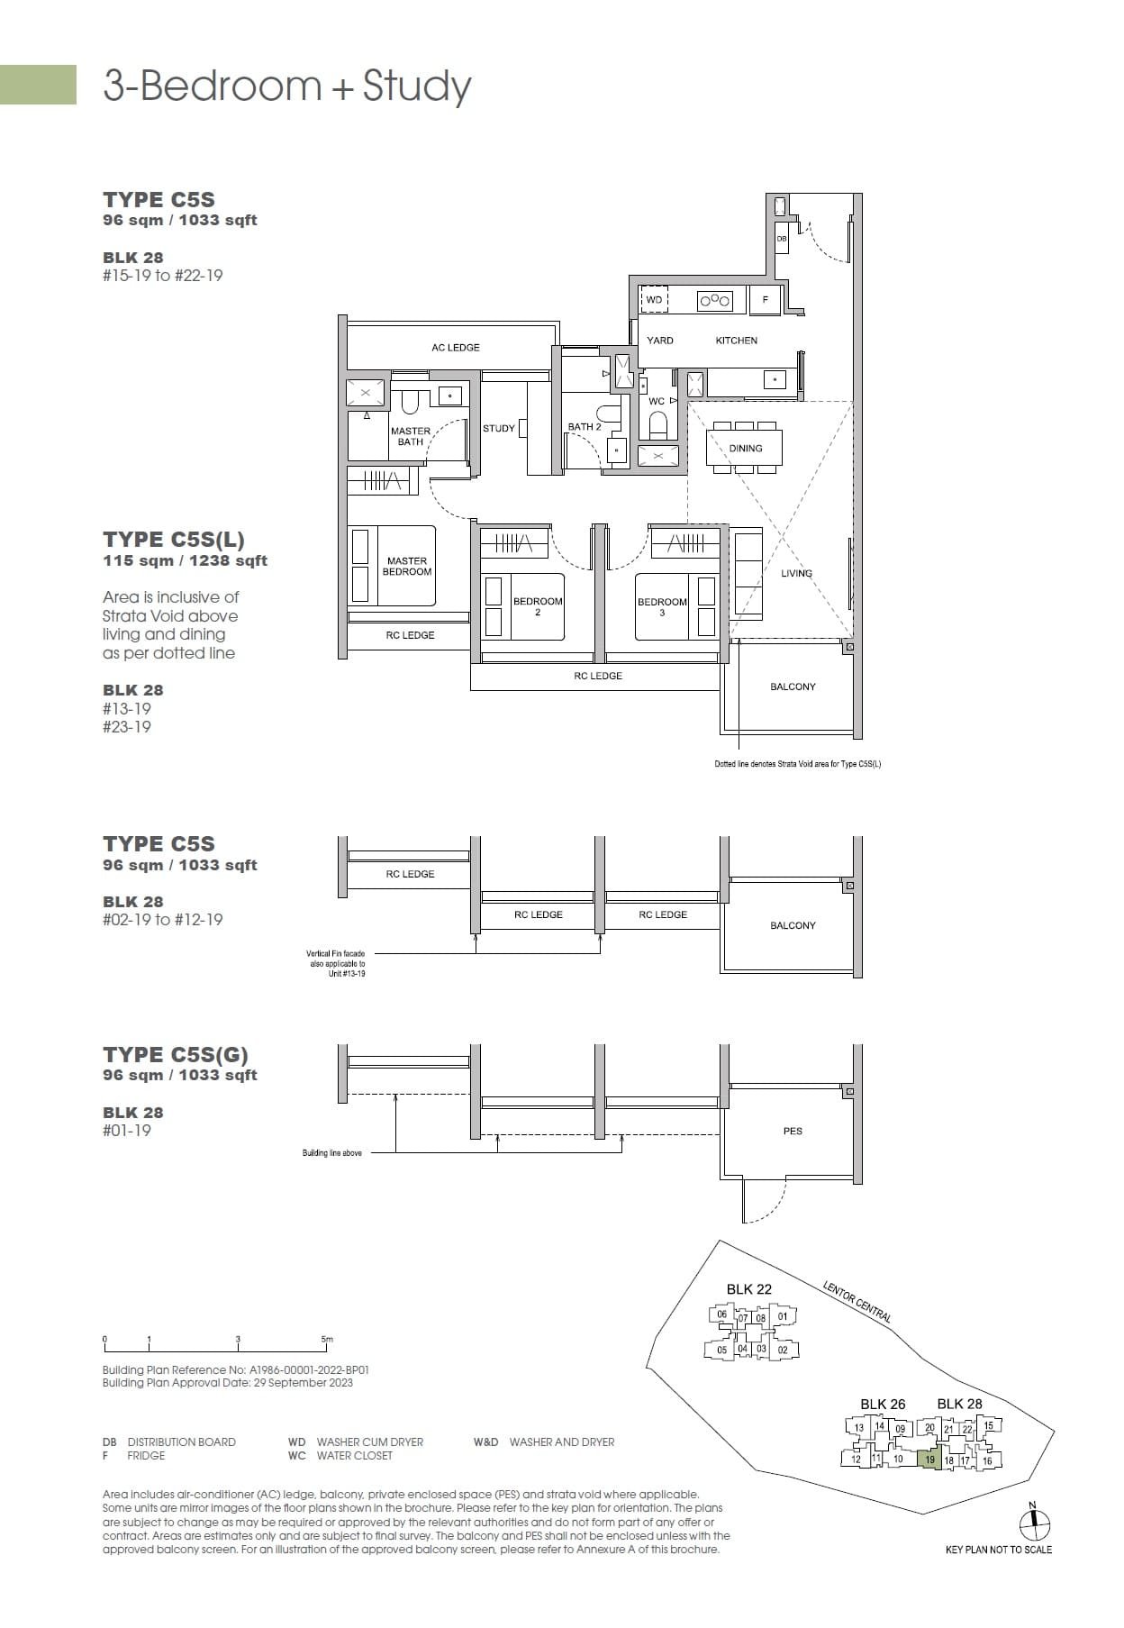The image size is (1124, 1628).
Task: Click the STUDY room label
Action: tap(498, 428)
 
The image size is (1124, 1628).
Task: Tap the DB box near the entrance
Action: tap(781, 239)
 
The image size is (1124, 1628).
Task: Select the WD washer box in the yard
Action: tap(654, 300)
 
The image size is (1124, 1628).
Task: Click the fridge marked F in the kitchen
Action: tap(765, 300)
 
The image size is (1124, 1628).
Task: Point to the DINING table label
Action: tap(745, 448)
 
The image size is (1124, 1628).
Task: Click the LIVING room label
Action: tap(796, 573)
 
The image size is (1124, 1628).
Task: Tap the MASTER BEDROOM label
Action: tap(407, 566)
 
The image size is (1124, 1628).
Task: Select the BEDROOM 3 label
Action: tap(662, 606)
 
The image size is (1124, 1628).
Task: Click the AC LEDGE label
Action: tap(455, 347)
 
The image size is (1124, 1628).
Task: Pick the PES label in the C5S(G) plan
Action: tap(793, 1131)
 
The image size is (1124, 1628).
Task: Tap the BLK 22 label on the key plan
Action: tap(748, 1289)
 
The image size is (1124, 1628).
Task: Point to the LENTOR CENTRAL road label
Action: tap(857, 1302)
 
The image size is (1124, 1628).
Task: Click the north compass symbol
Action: tap(1035, 1523)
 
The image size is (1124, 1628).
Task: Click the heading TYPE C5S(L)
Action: tap(173, 540)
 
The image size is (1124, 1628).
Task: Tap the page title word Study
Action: tap(416, 86)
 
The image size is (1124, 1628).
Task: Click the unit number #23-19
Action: tap(127, 727)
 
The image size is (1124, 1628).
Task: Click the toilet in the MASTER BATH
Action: tap(410, 403)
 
